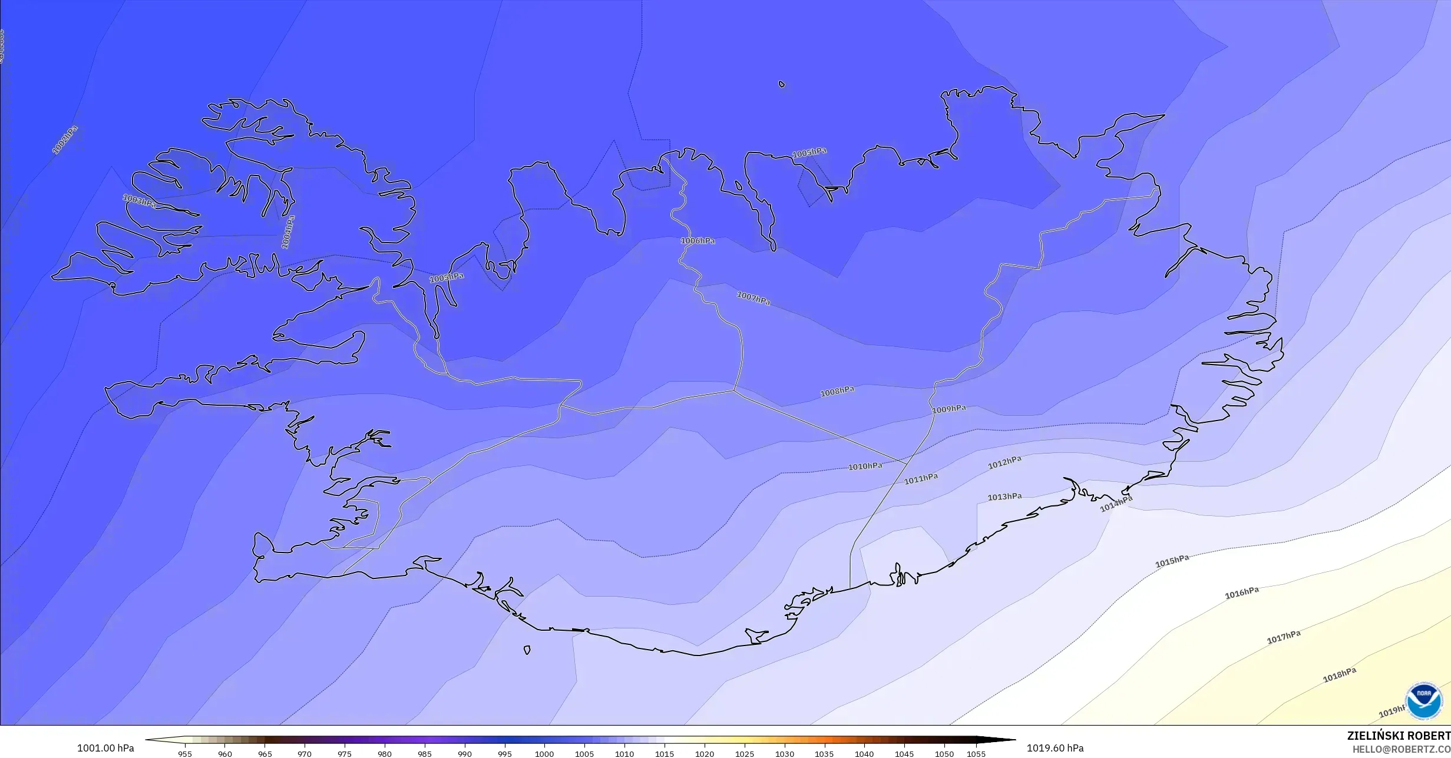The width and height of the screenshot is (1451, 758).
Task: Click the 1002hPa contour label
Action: [x=65, y=140]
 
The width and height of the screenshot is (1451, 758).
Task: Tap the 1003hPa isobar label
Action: [x=140, y=201]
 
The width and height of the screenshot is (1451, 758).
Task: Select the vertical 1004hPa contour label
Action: [x=287, y=232]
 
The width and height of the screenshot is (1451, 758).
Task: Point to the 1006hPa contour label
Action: [x=698, y=241]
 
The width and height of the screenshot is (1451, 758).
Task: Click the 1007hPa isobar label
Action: [x=753, y=299]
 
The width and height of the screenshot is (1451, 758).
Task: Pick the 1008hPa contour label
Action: [x=837, y=392]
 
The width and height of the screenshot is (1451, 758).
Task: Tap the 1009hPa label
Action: [x=949, y=409]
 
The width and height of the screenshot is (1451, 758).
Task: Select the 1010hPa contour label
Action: [x=865, y=466]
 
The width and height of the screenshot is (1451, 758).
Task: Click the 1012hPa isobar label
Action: [x=1004, y=463]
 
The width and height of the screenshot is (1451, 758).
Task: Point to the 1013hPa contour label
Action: [x=1004, y=497]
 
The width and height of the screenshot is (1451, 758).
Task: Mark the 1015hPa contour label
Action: [x=1172, y=561]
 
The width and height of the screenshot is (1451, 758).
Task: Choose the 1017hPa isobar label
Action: [x=1284, y=637]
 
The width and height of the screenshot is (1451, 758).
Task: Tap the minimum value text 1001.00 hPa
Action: [x=105, y=749]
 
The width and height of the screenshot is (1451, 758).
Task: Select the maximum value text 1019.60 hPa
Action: [x=1055, y=748]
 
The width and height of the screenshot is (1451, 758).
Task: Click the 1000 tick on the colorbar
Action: [x=544, y=754]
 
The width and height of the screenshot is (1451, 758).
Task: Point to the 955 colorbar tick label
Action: [x=185, y=754]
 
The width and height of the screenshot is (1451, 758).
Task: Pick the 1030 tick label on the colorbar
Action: [x=784, y=754]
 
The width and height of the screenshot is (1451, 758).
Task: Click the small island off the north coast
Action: [x=782, y=84]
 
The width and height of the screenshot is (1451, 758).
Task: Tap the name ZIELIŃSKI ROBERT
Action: [x=1399, y=736]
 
